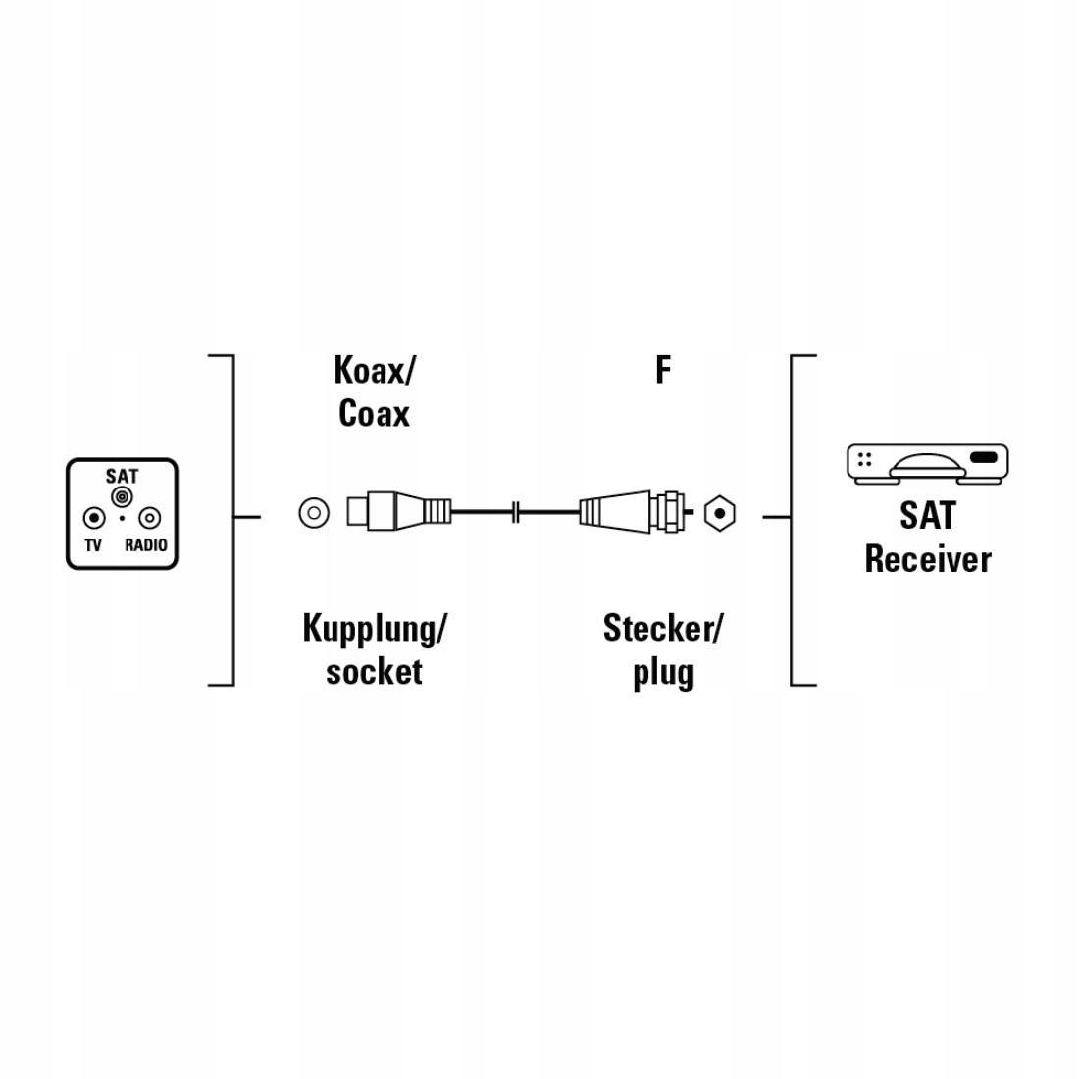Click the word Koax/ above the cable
375,372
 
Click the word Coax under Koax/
374,413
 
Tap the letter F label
663,371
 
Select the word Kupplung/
375,629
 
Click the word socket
374,672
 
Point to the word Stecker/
662,629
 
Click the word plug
663,674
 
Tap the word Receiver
928,559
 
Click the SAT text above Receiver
927,516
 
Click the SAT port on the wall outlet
122,497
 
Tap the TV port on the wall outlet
93,517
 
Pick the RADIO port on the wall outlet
148,517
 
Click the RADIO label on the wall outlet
146,545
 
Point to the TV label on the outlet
93,545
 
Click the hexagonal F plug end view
720,512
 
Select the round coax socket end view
313,512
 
